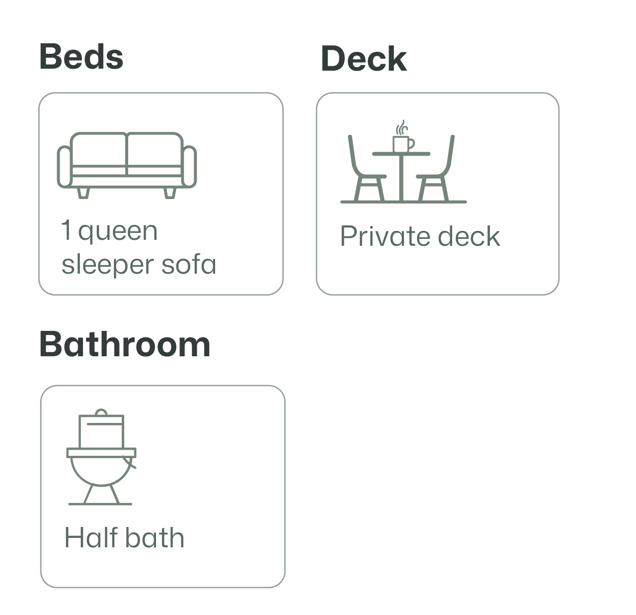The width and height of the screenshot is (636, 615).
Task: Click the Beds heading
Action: (81, 57)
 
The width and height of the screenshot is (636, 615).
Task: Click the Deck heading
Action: (364, 59)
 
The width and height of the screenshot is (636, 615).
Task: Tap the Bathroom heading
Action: (125, 344)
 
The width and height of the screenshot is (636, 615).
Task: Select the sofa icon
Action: (127, 165)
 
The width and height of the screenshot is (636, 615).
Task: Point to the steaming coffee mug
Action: (403, 144)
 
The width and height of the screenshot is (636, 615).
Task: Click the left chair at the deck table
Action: (366, 172)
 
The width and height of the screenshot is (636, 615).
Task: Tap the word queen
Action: (118, 232)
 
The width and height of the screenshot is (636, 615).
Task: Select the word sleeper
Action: (101, 265)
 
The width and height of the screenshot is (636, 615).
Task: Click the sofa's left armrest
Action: (64, 167)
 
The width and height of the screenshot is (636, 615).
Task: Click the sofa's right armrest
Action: (190, 167)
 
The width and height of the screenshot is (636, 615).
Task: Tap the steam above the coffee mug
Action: (401, 127)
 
